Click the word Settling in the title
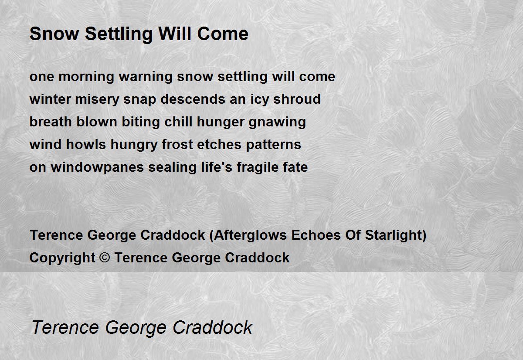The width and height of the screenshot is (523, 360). coord(119,34)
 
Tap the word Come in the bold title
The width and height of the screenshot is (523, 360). coord(223,34)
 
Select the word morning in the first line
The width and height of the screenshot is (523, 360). coord(86,77)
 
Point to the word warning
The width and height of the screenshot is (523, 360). coord(146,77)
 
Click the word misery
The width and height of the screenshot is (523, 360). coord(97,100)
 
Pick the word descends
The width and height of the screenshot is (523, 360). coord(193,99)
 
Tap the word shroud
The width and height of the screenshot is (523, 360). coord(297,99)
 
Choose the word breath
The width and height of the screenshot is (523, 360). coord(51,122)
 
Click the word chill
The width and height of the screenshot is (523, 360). coord(178,122)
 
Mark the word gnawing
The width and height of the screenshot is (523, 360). coord(277,122)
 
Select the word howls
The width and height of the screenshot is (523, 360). coord(86,144)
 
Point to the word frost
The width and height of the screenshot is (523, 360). coord(177,144)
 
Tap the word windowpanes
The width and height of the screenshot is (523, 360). coord(97,168)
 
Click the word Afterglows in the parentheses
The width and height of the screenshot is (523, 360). coord(250,235)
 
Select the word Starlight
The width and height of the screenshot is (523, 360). coord(393,235)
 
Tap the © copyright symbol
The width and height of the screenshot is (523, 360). coord(105,258)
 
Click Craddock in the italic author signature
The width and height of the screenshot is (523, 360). coord(213,328)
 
